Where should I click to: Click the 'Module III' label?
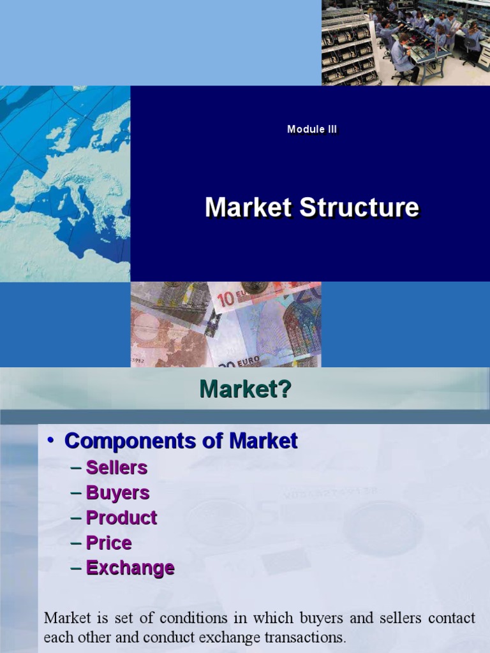312,129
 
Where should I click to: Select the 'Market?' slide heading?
245,388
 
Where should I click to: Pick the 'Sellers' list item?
117,467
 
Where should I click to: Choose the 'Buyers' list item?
118,492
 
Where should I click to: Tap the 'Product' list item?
121,518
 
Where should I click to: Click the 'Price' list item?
109,543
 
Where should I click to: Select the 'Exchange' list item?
130,568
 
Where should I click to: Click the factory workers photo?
405,42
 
